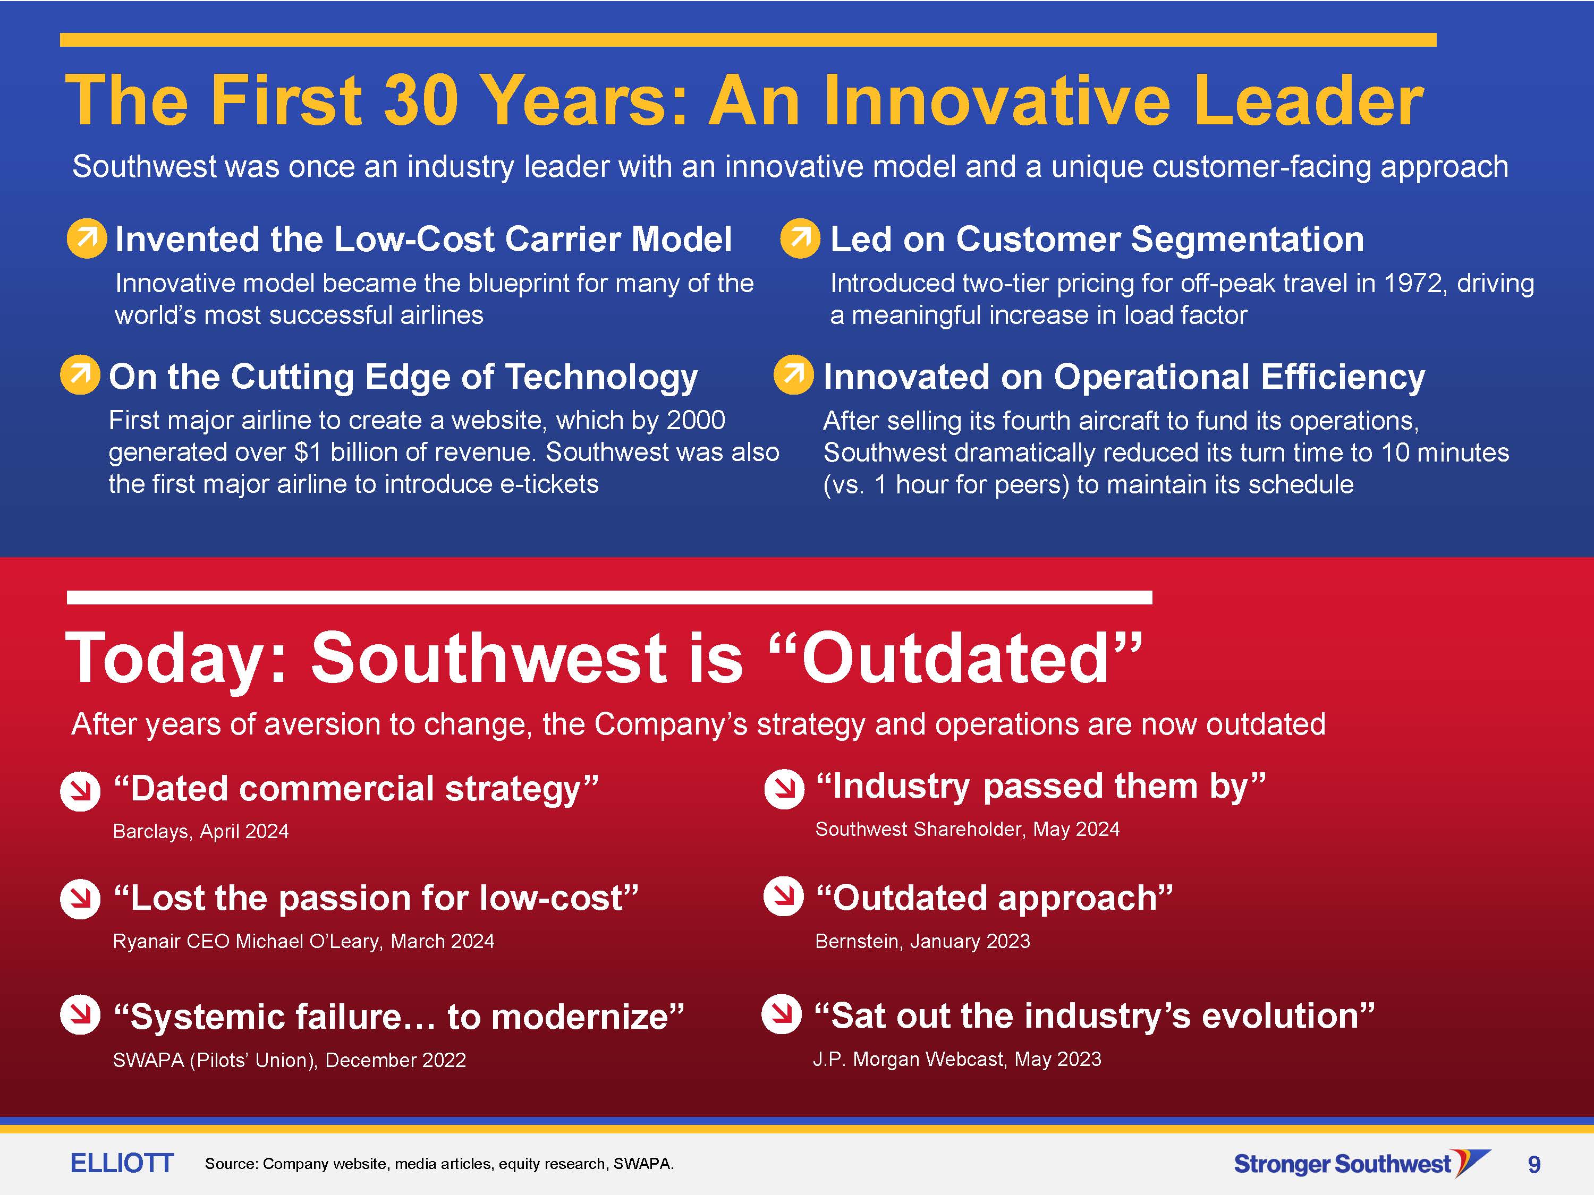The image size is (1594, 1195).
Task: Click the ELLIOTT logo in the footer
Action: tap(122, 1163)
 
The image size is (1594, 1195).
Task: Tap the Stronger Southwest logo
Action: tap(1362, 1163)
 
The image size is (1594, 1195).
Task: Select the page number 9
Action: tap(1534, 1164)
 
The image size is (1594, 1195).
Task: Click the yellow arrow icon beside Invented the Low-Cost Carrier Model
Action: tap(87, 238)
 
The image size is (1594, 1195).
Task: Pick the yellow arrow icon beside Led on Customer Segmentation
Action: tap(800, 238)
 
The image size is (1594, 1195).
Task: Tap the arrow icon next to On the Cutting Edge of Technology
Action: tap(80, 374)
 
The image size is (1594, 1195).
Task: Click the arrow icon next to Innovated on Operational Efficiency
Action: tap(793, 374)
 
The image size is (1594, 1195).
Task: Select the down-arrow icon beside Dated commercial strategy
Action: tap(80, 791)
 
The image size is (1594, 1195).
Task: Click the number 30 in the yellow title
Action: tap(421, 100)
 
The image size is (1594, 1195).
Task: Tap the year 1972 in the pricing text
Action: tap(1413, 283)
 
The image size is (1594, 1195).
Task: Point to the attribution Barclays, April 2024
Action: tap(201, 831)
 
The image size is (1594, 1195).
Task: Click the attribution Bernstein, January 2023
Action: tap(922, 941)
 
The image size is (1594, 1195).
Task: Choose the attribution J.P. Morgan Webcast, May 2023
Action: tap(957, 1059)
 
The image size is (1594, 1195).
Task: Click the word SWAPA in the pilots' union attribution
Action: tap(148, 1060)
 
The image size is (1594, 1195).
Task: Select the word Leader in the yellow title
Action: tap(1308, 100)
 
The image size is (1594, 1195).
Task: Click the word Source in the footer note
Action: tap(231, 1163)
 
